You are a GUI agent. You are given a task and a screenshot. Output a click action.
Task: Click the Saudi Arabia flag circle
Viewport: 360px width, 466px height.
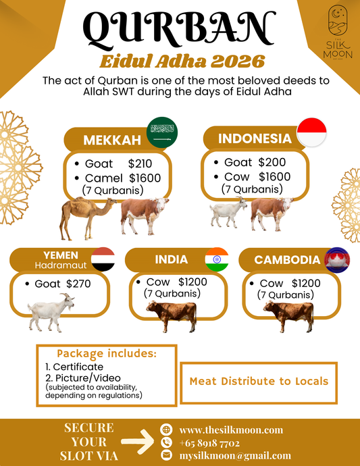point(161,131)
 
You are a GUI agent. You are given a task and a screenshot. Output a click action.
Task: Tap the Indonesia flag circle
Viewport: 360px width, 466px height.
point(312,130)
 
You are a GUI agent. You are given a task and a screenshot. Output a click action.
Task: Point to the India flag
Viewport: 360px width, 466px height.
point(217,260)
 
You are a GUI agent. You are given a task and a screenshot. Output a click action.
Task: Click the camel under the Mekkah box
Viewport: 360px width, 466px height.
point(90,218)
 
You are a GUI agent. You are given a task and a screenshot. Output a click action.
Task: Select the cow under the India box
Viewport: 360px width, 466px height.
point(172,315)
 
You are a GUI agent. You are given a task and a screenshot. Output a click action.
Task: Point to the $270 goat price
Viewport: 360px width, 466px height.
point(78,284)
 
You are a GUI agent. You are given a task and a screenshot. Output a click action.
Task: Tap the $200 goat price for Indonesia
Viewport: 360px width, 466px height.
point(272,162)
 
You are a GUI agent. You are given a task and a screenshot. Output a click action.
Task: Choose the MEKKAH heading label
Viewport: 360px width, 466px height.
point(111,140)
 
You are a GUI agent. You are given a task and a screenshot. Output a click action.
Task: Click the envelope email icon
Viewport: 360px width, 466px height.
point(166,456)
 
